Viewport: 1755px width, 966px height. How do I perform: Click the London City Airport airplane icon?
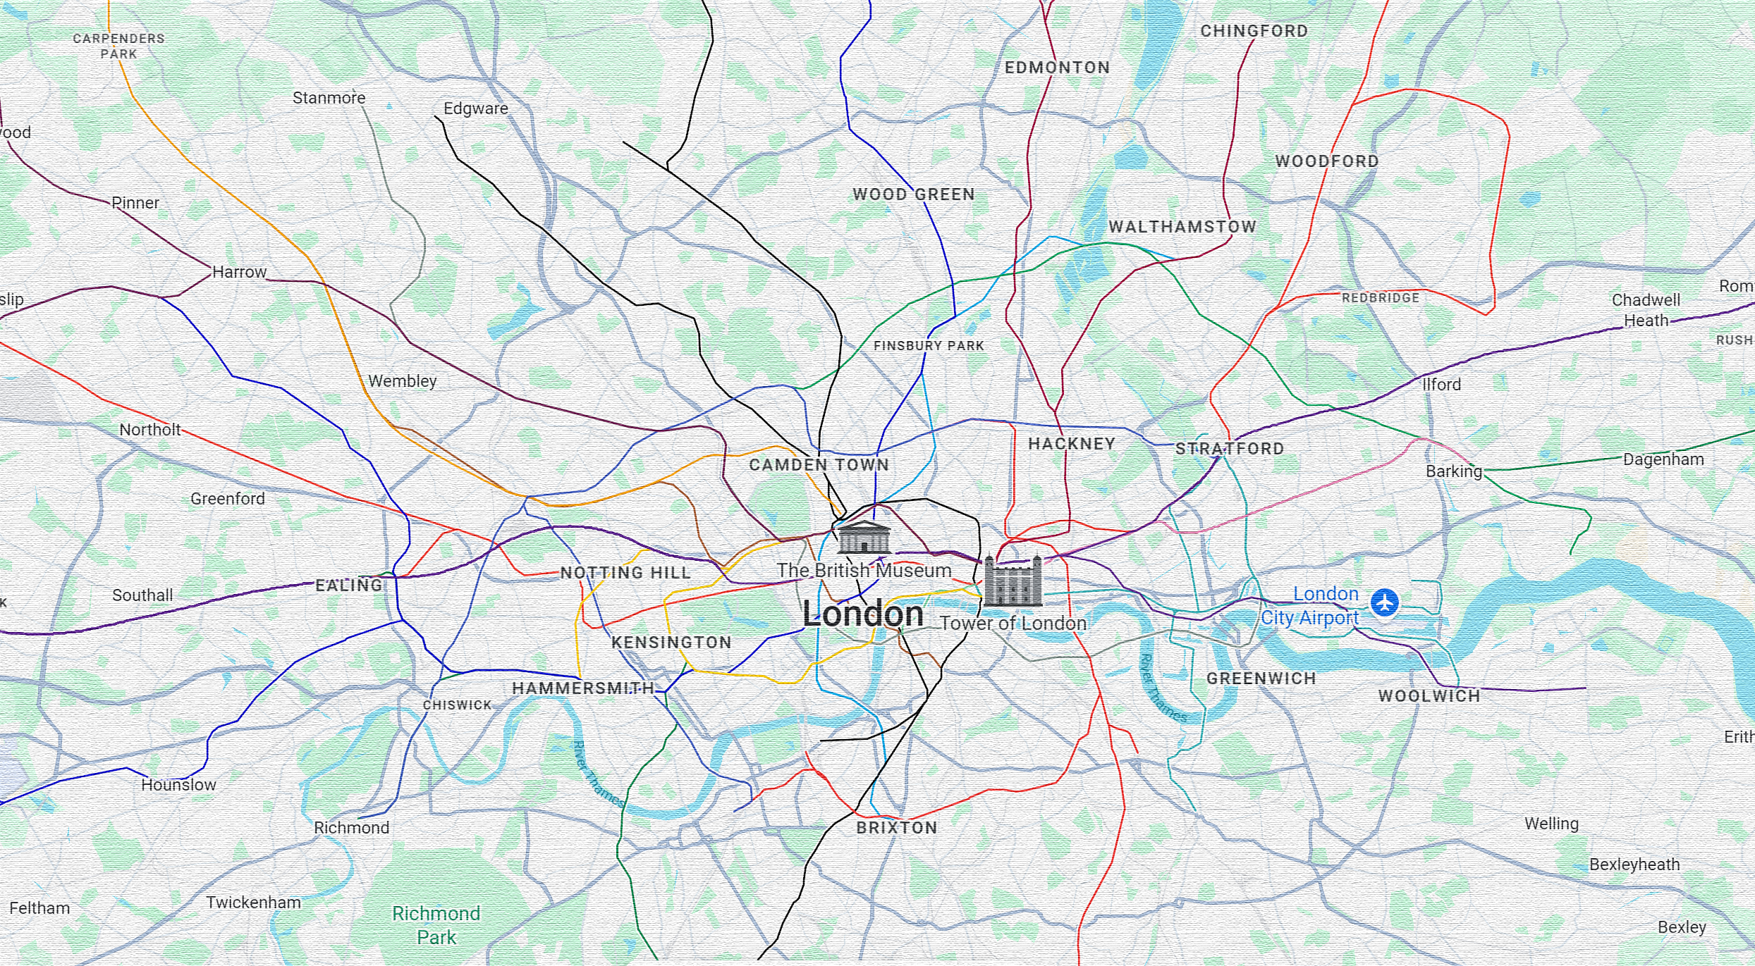click(x=1384, y=602)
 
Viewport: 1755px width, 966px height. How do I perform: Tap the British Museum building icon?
click(x=864, y=538)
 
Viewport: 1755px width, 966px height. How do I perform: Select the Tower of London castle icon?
click(x=1013, y=582)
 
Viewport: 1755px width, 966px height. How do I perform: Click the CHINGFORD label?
click(x=1254, y=31)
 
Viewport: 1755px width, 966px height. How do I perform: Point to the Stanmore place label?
click(x=329, y=98)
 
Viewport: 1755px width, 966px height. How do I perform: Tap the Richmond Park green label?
click(x=436, y=925)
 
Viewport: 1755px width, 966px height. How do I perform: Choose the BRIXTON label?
click(x=896, y=828)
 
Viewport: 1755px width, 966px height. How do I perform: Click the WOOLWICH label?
click(x=1429, y=696)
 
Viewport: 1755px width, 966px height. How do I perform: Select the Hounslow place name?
click(x=178, y=785)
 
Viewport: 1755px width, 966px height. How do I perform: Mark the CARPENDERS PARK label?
click(x=118, y=46)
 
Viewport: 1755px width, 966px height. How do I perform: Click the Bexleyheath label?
click(x=1634, y=865)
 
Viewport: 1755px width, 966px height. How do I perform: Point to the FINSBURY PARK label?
click(x=928, y=346)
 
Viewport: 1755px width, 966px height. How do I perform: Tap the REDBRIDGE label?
click(x=1380, y=298)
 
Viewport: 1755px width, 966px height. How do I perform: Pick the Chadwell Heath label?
click(x=1646, y=310)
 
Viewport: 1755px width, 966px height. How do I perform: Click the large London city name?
click(x=862, y=614)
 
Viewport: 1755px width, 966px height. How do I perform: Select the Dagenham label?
click(x=1663, y=459)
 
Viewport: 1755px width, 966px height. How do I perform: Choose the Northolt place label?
click(x=149, y=430)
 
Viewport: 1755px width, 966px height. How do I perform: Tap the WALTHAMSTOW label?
click(x=1182, y=227)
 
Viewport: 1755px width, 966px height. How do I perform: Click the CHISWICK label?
click(x=457, y=705)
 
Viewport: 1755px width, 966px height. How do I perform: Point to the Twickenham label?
click(x=253, y=903)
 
